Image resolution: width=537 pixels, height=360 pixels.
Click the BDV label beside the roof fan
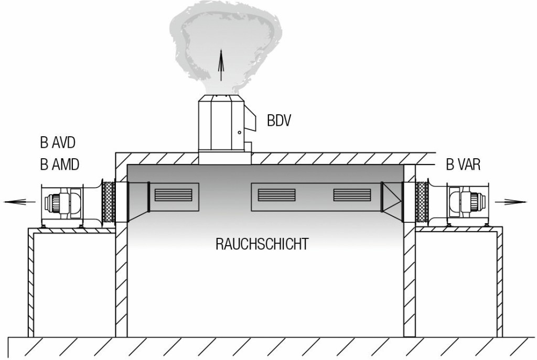coord(278,121)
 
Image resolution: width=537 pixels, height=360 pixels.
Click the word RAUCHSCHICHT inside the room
coord(262,245)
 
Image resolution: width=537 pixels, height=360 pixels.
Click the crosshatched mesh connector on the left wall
coord(109,200)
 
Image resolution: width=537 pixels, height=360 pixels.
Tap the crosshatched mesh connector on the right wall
coord(421,200)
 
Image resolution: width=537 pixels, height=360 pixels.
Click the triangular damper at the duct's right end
coord(391,197)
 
